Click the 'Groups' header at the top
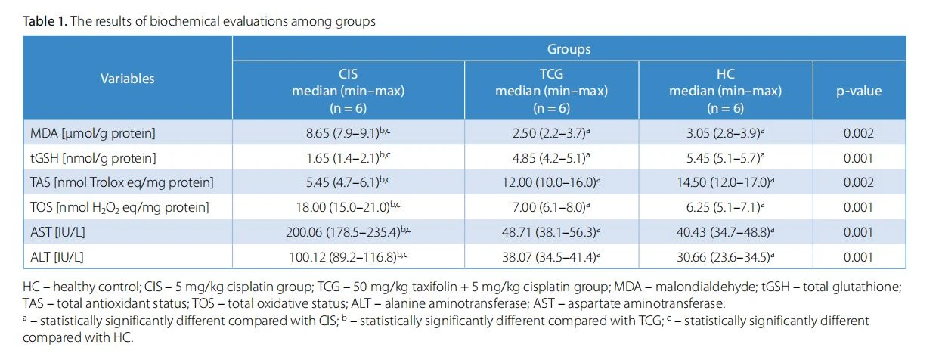pyautogui.click(x=569, y=49)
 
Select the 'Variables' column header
pyautogui.click(x=128, y=79)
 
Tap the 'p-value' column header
pyautogui.click(x=859, y=92)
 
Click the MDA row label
pyautogui.click(x=93, y=133)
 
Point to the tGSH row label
pyautogui.click(x=93, y=158)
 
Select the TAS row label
pyautogui.click(x=122, y=182)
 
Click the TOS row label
pyautogui.click(x=119, y=207)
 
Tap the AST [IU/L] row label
pyautogui.click(x=57, y=232)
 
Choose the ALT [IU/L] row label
pyautogui.click(x=57, y=257)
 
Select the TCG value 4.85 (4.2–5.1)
pyautogui.click(x=551, y=158)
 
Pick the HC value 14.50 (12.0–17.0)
pyautogui.click(x=726, y=182)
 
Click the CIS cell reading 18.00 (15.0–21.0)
pyautogui.click(x=349, y=207)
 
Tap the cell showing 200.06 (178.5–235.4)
pyautogui.click(x=349, y=231)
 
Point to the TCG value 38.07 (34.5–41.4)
pyautogui.click(x=551, y=256)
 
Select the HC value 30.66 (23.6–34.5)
pyautogui.click(x=726, y=256)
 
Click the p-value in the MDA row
pyautogui.click(x=859, y=133)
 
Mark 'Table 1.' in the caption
pyautogui.click(x=45, y=21)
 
